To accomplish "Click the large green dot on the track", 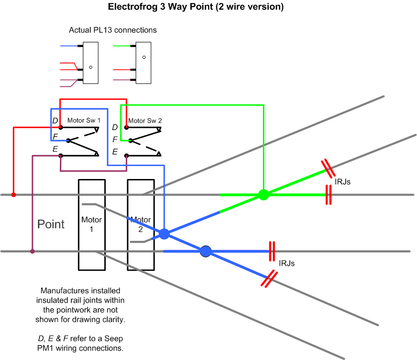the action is [x=263, y=194].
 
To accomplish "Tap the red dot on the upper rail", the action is [x=13, y=195].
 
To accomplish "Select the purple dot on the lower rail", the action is [x=32, y=251].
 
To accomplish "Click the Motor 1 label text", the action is [x=91, y=224].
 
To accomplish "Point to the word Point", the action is [x=51, y=224].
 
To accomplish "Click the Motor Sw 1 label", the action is [x=84, y=121].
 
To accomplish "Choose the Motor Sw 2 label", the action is [x=145, y=121].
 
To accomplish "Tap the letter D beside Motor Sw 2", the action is [x=115, y=127].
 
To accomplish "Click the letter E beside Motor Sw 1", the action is [x=55, y=149].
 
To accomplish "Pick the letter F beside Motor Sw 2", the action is [x=115, y=139].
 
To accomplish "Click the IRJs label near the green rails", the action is [x=343, y=182].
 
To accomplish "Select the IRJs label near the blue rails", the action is [x=287, y=263].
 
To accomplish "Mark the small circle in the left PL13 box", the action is [x=91, y=67].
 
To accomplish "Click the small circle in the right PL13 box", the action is [x=144, y=57].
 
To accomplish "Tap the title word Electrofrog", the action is [x=133, y=6].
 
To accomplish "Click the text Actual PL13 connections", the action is [x=113, y=30].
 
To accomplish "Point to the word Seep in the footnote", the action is [x=114, y=339].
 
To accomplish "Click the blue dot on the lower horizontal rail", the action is [x=206, y=251].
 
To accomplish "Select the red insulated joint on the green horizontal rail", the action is [x=329, y=195].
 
